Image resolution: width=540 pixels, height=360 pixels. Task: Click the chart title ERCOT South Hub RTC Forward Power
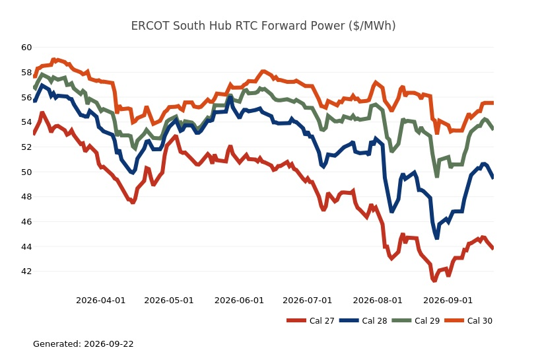263,26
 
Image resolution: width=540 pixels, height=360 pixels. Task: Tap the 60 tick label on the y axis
26,48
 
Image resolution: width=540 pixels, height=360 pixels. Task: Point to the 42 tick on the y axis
26,271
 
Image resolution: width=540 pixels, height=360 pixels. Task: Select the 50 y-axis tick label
26,172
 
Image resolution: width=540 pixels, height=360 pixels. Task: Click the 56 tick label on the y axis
26,98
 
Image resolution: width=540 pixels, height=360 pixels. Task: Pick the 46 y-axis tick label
26,222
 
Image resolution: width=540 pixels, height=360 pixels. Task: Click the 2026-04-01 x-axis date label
100,301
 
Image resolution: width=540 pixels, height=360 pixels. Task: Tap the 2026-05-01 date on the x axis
169,301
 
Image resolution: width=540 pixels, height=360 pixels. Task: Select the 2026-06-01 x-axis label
239,301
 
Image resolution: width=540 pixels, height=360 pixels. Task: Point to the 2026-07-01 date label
307,301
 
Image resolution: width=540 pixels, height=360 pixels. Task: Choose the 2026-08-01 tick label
378,301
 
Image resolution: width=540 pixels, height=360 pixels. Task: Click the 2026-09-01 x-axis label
448,301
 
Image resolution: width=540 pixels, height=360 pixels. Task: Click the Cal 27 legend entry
310,321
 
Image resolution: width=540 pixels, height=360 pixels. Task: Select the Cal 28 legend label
363,321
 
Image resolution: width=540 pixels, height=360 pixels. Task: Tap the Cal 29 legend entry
416,321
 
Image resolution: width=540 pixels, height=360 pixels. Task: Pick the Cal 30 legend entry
468,321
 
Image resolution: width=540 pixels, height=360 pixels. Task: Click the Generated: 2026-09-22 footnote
83,343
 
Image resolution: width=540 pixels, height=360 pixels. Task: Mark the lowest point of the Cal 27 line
434,281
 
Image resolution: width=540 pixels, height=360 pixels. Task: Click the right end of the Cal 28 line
493,177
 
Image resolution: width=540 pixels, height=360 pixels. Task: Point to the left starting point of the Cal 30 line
34,77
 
